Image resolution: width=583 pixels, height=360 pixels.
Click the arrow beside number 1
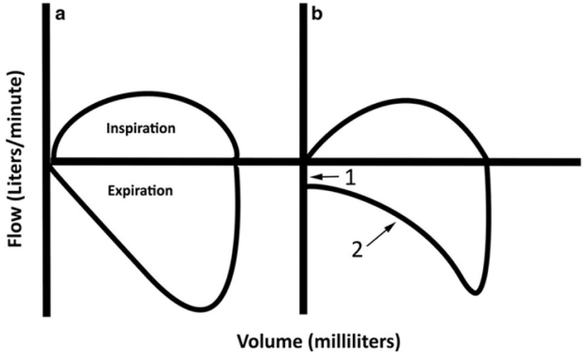[x=323, y=176]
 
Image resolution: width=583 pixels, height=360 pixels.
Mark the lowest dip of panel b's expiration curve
[x=475, y=294]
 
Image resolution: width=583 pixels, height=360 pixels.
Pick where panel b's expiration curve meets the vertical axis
[x=306, y=186]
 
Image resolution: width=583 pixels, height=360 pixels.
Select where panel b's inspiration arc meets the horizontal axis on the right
[x=487, y=161]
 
